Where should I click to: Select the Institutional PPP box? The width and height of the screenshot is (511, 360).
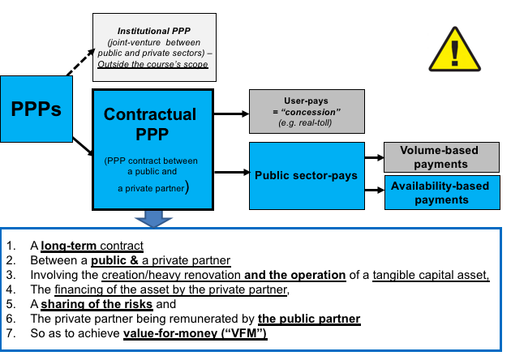point(155,46)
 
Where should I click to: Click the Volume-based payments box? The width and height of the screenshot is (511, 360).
point(440,156)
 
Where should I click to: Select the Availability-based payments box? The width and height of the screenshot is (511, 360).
point(440,193)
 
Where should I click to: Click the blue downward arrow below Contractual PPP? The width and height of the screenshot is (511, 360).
point(153,216)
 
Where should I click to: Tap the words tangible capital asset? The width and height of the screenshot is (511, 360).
point(431,276)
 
